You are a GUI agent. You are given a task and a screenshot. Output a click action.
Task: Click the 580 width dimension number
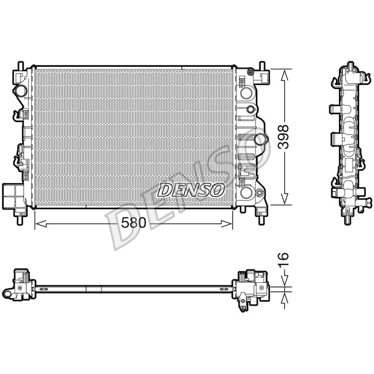tap(133, 223)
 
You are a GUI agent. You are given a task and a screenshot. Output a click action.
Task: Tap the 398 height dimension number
tap(284, 137)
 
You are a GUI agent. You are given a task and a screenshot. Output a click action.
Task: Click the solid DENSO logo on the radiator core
tap(191, 190)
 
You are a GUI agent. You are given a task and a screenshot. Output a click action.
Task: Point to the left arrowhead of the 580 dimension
tap(41, 224)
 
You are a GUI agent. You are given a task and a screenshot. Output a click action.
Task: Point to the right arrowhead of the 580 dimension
tap(227, 224)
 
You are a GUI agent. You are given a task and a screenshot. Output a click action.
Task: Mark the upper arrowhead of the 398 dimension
tap(285, 75)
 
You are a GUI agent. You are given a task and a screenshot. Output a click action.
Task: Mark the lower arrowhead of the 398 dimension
tap(285, 199)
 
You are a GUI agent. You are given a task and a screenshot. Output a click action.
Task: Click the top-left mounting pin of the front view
tap(21, 65)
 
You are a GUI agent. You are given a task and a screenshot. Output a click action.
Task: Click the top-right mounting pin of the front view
tap(262, 65)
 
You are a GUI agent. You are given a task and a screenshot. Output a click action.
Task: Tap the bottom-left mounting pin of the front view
tap(21, 220)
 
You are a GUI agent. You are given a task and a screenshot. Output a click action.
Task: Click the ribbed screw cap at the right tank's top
tap(251, 72)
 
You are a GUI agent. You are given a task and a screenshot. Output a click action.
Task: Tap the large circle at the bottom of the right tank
tap(246, 193)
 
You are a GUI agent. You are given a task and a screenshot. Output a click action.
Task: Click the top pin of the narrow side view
tap(350, 65)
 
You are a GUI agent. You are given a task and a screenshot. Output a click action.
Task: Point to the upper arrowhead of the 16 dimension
tap(285, 281)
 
